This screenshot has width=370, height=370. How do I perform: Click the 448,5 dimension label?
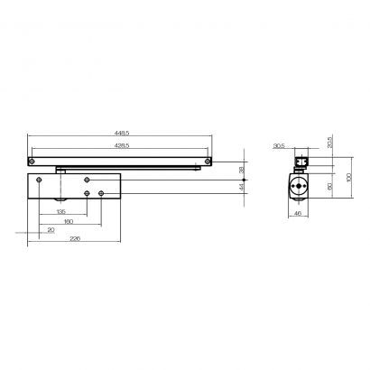pyautogui.click(x=121, y=134)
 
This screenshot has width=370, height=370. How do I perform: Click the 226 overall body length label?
pyautogui.click(x=75, y=238)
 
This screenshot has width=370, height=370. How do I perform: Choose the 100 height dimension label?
pyautogui.click(x=347, y=177)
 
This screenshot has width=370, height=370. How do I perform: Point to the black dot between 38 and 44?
pyautogui.click(x=232, y=180)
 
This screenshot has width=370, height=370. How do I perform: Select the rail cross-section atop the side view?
pyautogui.click(x=301, y=162)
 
